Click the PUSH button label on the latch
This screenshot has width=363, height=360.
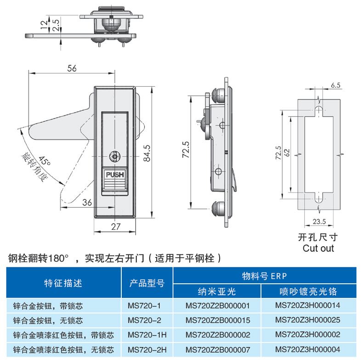pyautogui.click(x=115, y=174)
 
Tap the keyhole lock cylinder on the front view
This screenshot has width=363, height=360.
pyautogui.click(x=115, y=157)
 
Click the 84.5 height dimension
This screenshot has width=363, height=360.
pyautogui.click(x=147, y=153)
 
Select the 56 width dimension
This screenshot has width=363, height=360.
pyautogui.click(x=72, y=68)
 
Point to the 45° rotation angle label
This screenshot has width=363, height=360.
pyautogui.click(x=44, y=161)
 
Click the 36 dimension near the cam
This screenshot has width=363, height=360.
pyautogui.click(x=87, y=202)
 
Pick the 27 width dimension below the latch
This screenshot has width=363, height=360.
pyautogui.click(x=116, y=227)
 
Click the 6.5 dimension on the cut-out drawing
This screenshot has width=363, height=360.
pyautogui.click(x=335, y=85)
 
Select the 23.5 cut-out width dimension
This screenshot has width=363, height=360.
pyautogui.click(x=319, y=222)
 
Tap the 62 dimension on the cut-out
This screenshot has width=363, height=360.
pyautogui.click(x=287, y=153)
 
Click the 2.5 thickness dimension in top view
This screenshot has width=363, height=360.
pyautogui.click(x=56, y=25)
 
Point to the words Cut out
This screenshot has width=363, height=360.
pyautogui.click(x=318, y=248)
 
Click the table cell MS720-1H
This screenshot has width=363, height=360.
pyautogui.click(x=147, y=335)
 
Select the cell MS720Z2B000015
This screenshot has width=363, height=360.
pyautogui.click(x=218, y=320)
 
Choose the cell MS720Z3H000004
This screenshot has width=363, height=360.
pyautogui.click(x=308, y=349)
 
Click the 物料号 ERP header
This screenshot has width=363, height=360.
pyautogui.click(x=265, y=276)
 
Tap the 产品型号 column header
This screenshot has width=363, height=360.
pyautogui.click(x=147, y=283)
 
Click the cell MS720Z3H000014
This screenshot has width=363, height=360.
pyautogui.click(x=308, y=305)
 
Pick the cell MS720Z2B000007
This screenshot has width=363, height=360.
pyautogui.click(x=218, y=349)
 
